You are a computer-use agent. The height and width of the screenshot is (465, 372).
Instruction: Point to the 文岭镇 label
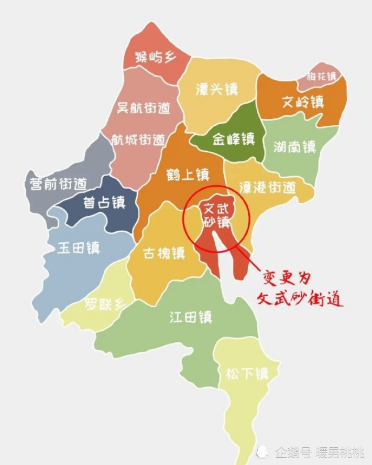303,101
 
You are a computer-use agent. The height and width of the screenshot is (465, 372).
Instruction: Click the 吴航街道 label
143,109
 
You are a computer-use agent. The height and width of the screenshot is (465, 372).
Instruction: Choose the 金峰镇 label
233,139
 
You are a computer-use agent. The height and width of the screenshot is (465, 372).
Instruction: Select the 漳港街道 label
267,187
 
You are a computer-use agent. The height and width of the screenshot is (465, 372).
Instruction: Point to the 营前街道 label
58,185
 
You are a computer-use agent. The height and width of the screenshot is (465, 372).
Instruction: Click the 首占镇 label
105,202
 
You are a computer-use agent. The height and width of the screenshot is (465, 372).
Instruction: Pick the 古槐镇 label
164,254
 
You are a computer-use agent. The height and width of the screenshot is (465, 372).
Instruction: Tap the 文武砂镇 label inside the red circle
216,214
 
